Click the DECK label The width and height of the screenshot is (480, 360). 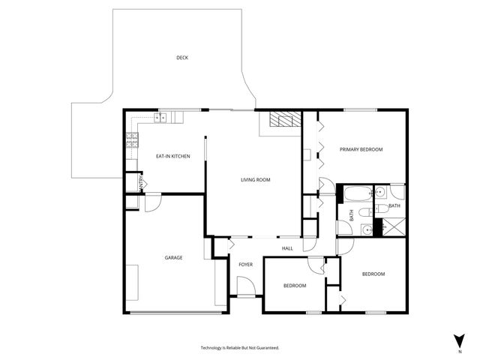click(x=181, y=58)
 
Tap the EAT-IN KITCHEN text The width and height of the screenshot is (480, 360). click(x=172, y=156)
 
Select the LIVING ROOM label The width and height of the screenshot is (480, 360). click(x=255, y=180)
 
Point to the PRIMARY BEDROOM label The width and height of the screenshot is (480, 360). click(x=361, y=150)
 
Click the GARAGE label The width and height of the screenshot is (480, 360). click(x=173, y=258)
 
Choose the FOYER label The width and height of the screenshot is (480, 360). click(x=245, y=265)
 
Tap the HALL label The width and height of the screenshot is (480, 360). click(x=287, y=249)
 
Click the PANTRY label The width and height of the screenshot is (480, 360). click(x=139, y=182)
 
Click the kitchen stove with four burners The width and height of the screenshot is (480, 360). click(x=132, y=138)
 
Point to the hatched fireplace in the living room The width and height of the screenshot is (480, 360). click(x=284, y=119)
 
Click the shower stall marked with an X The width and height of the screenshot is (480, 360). click(x=392, y=226)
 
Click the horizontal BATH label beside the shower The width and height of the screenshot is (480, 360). click(x=394, y=206)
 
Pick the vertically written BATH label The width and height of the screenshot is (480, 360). click(x=351, y=214)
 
